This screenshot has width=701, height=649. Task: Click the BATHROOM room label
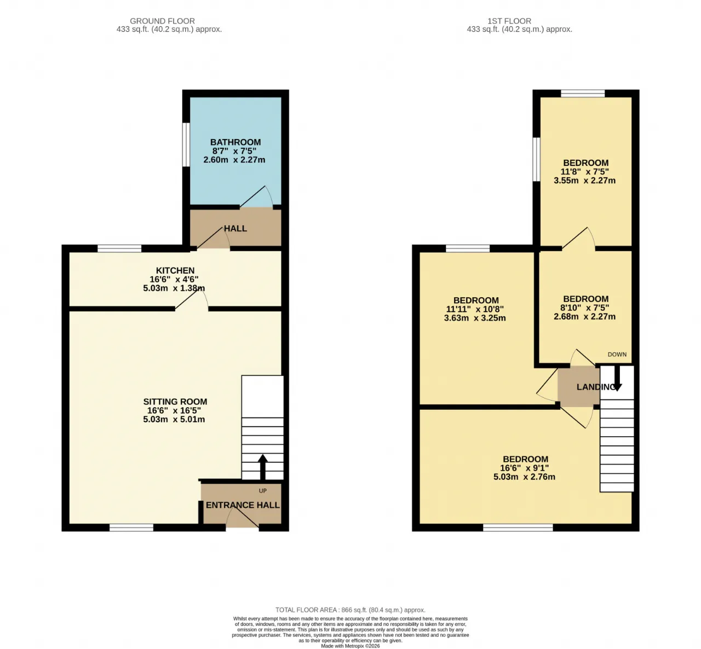[x=235, y=142]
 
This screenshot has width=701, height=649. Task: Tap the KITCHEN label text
[x=175, y=270]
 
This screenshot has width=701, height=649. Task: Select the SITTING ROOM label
[x=175, y=402]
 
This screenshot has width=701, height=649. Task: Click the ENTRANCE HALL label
[x=243, y=505]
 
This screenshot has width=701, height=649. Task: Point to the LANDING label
[x=596, y=387]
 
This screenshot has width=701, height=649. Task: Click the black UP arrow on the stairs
[x=263, y=467]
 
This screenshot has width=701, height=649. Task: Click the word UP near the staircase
[x=263, y=491]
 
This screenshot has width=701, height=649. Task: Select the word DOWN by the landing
[x=617, y=355]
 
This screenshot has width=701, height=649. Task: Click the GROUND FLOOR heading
[x=162, y=21]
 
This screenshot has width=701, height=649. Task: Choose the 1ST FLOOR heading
[x=509, y=21]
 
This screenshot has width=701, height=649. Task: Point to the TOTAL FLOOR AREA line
[x=350, y=610]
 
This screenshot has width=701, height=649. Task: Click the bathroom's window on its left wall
[x=186, y=144]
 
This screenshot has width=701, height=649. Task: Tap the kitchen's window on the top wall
[x=119, y=248]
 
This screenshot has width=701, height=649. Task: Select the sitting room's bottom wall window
[x=131, y=528]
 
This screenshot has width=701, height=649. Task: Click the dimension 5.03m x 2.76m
[x=524, y=477]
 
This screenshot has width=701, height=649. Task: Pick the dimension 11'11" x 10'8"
[x=475, y=309]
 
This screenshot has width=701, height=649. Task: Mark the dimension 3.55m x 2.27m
[x=584, y=181]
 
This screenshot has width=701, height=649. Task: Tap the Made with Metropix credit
[x=350, y=646]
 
